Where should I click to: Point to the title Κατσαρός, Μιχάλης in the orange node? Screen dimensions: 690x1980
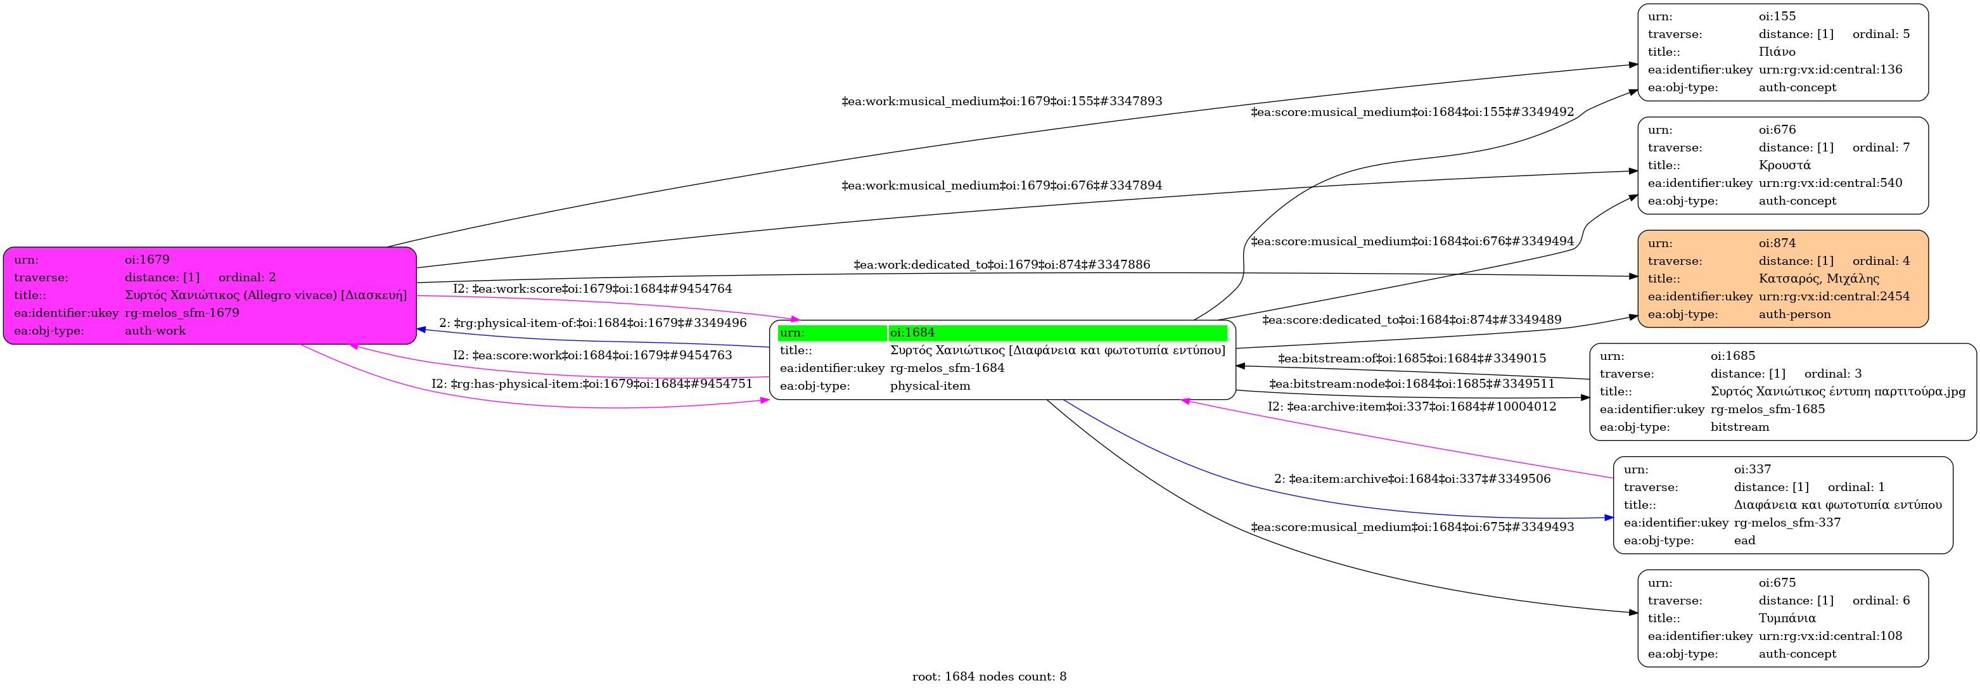pyautogui.click(x=1818, y=278)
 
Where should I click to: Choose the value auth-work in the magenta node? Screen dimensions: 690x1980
pyautogui.click(x=155, y=330)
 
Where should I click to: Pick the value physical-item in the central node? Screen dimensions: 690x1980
pyautogui.click(x=930, y=386)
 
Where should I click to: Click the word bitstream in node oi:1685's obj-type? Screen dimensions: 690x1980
pyautogui.click(x=1739, y=426)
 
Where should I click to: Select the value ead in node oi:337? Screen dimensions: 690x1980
pyautogui.click(x=1745, y=540)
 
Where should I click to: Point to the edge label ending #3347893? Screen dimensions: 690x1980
pyautogui.click(x=1002, y=101)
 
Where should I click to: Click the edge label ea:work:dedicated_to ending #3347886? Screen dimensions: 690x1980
pyautogui.click(x=1002, y=265)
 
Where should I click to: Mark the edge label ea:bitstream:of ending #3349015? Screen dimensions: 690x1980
pyautogui.click(x=1412, y=359)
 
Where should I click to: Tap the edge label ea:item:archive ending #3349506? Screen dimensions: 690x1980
pyautogui.click(x=1412, y=480)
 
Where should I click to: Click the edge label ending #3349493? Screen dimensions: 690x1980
pyautogui.click(x=1412, y=527)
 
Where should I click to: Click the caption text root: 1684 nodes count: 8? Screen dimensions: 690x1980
pyautogui.click(x=989, y=677)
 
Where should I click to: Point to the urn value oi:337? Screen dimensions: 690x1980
pyautogui.click(x=1753, y=470)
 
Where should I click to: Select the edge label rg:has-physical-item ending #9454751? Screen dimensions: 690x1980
pyautogui.click(x=592, y=384)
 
